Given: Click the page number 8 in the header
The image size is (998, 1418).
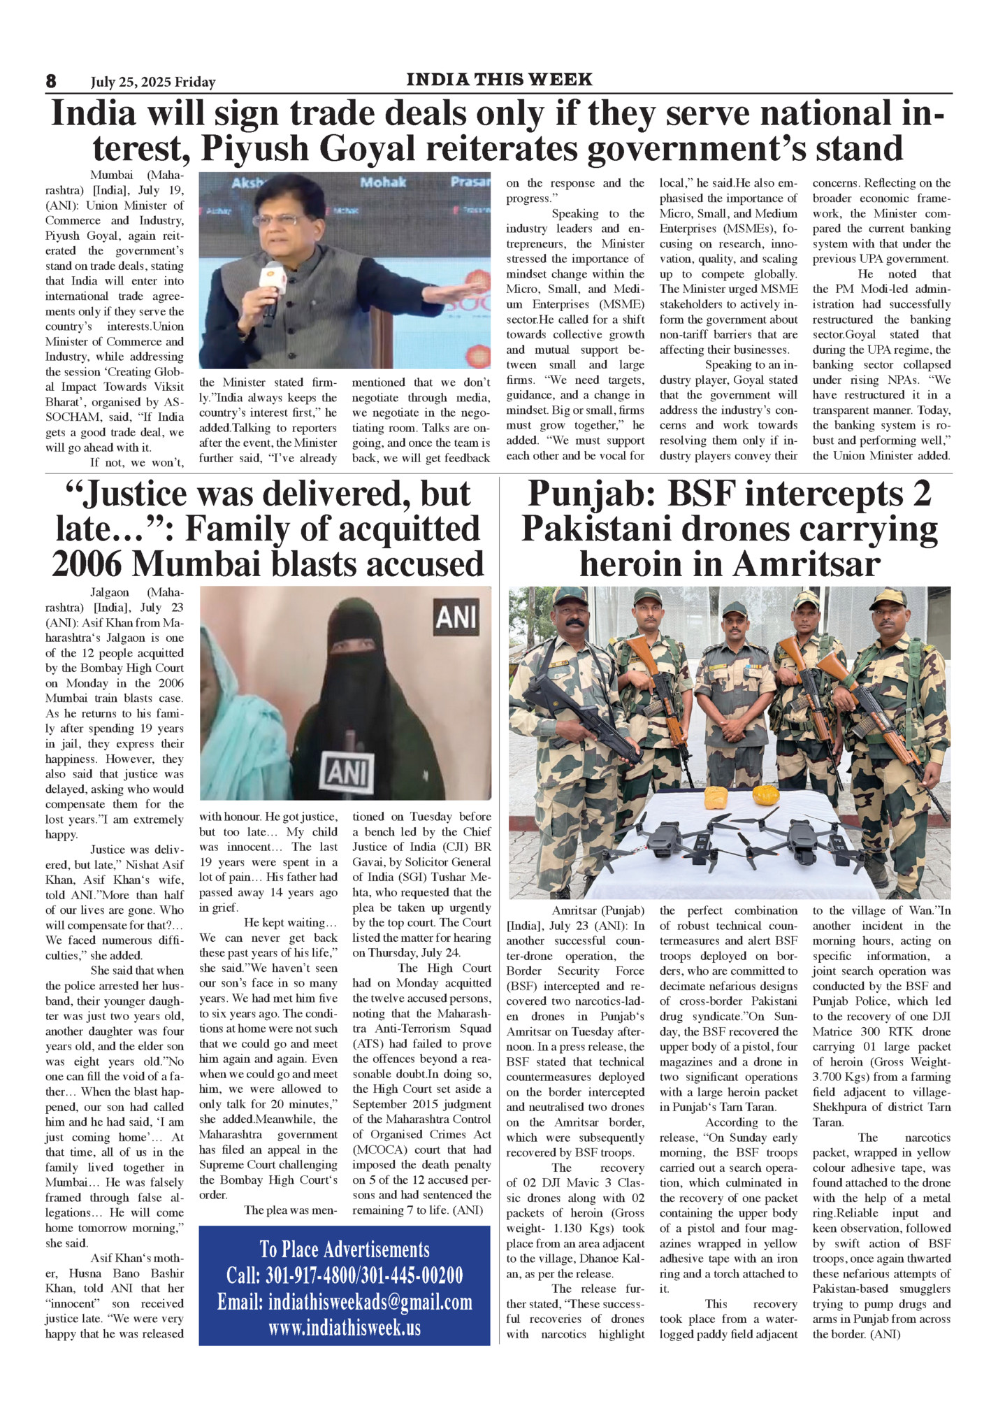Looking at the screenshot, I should point(51,81).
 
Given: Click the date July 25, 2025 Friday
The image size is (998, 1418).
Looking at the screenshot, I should point(153,83).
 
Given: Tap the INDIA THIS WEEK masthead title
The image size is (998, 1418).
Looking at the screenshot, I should point(499,79).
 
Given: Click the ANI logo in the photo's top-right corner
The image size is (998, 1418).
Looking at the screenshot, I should point(456,617).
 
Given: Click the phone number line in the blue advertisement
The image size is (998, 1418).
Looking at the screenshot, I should point(345,1275).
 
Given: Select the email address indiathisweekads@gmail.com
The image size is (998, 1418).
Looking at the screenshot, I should point(345,1302).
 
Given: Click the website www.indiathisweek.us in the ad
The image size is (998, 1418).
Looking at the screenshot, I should point(345,1327).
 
